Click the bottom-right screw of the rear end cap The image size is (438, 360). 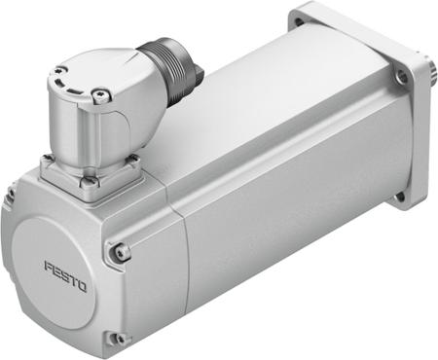[x=118, y=338]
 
